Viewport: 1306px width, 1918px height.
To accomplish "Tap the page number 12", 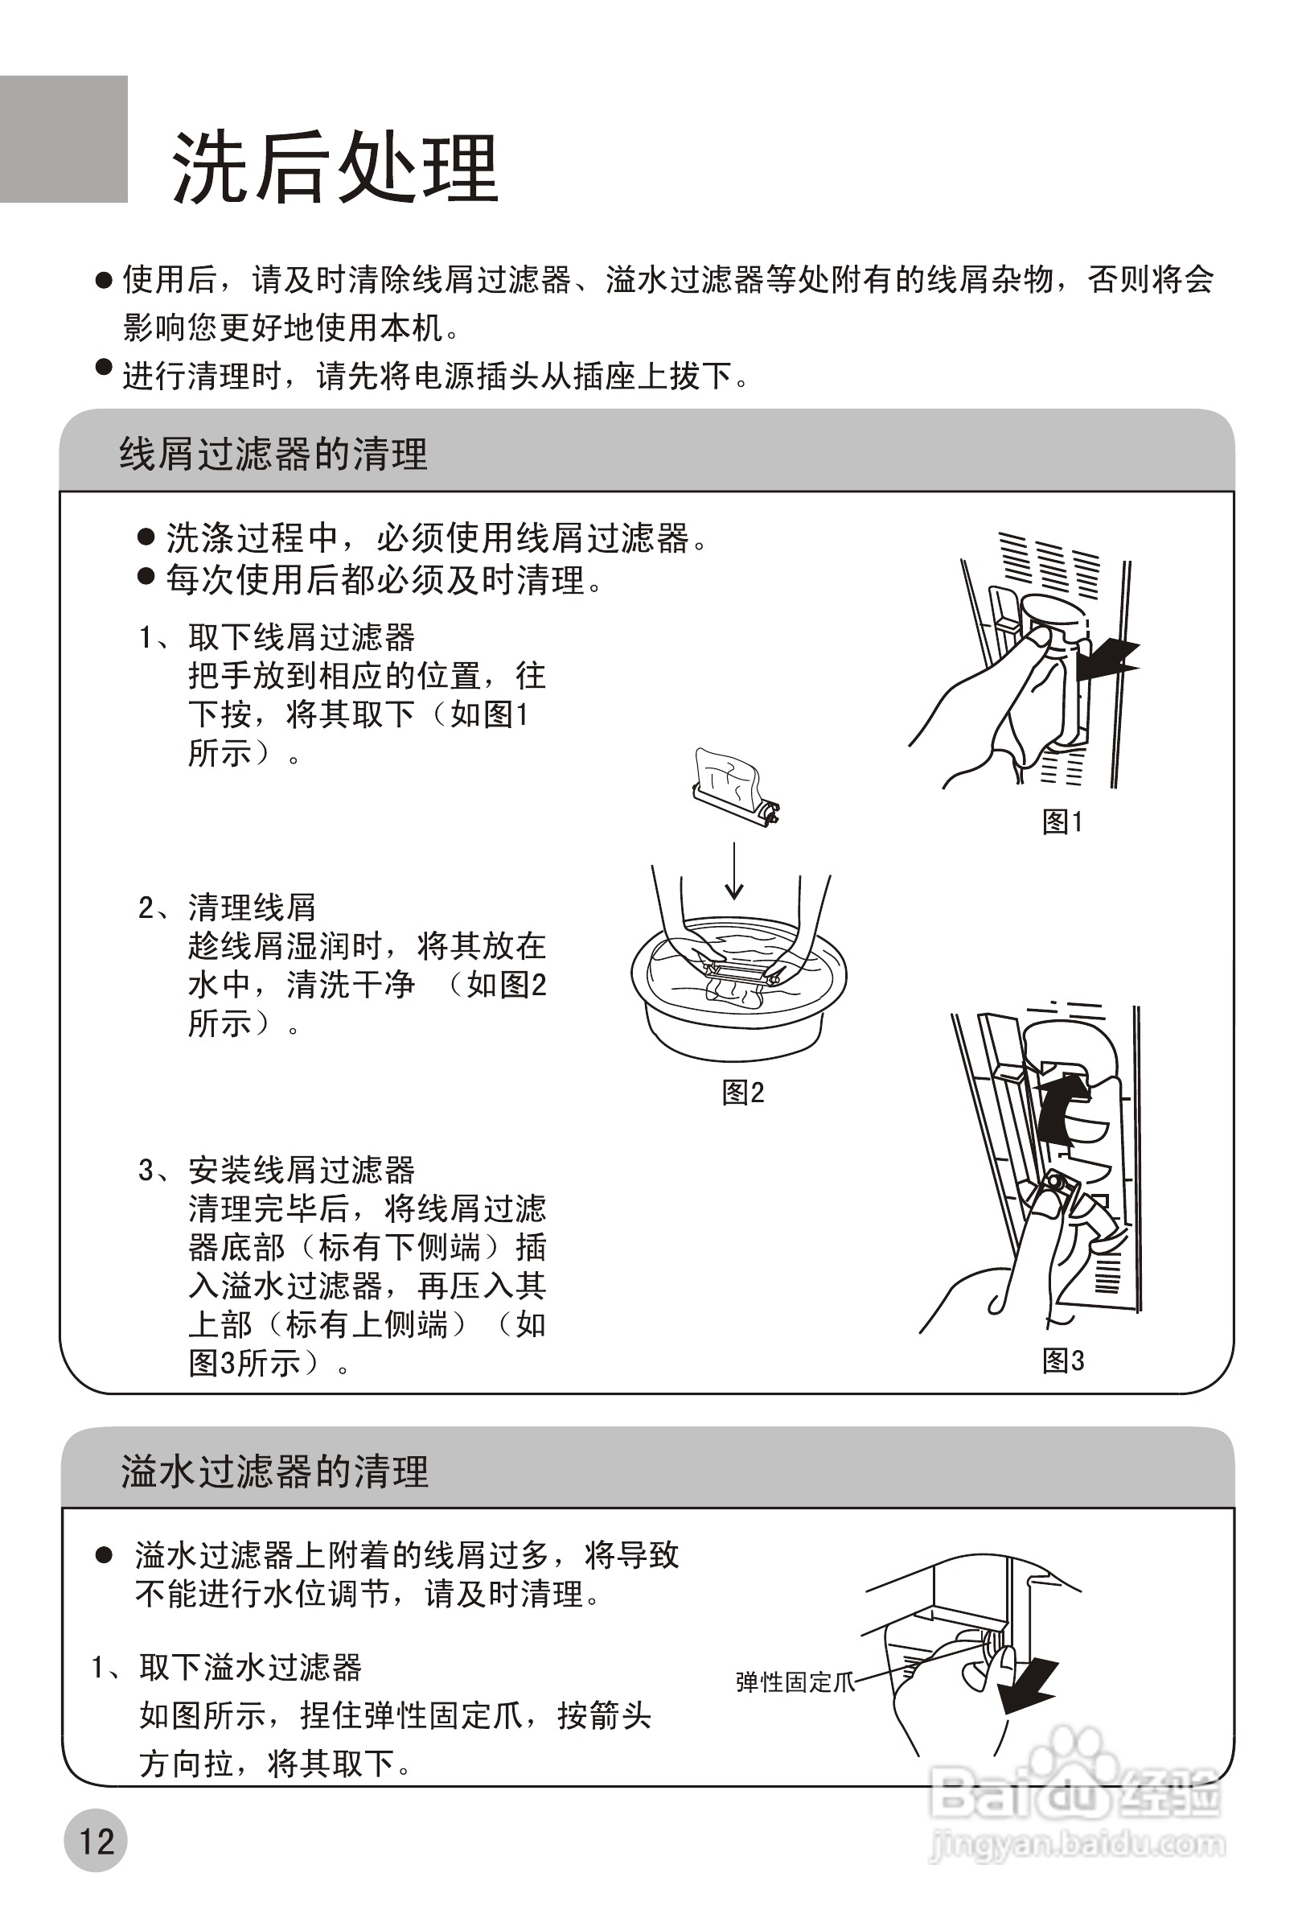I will click(x=96, y=1842).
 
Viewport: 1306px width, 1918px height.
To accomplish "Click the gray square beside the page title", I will click(x=64, y=138).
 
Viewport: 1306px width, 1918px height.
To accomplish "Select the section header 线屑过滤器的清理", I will click(x=273, y=455).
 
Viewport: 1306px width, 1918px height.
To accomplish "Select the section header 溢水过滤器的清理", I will click(x=275, y=1471).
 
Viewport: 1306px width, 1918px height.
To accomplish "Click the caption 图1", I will click(x=1062, y=821).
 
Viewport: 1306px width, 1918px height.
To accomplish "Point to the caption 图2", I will click(x=742, y=1093).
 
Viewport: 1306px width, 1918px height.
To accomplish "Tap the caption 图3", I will click(x=1062, y=1360).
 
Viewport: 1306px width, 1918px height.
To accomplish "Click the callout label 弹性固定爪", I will click(x=795, y=1682).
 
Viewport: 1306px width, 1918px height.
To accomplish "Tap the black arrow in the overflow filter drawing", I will click(x=1027, y=1685).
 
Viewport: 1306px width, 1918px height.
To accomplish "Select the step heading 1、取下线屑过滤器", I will click(x=277, y=637).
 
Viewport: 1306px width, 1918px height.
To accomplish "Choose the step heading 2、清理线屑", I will click(x=227, y=907).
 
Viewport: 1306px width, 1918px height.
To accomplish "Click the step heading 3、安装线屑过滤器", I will click(x=277, y=1170).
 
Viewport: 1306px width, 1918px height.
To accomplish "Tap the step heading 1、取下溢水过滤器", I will click(x=226, y=1667).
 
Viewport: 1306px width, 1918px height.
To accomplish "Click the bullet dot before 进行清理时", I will click(x=103, y=365).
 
